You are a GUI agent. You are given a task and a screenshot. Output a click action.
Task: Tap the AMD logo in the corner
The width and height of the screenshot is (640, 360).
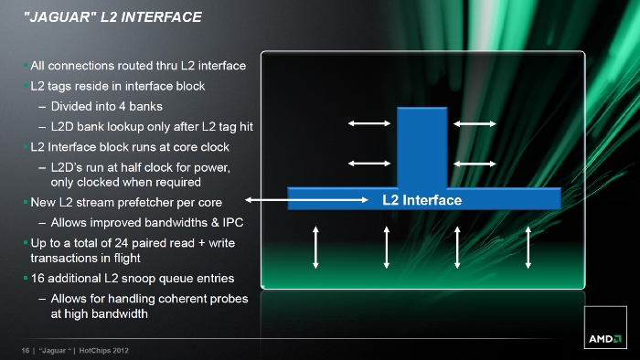coord(605,339)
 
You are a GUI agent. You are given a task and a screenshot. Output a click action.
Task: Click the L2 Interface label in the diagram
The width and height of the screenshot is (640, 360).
coord(422,200)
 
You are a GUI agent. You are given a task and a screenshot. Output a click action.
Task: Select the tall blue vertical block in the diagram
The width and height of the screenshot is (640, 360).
coord(422,148)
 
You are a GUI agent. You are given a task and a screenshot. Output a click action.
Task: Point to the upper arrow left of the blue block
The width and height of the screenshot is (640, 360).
coord(369,123)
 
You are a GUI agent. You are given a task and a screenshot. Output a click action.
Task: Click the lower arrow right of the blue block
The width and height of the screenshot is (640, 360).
coord(475,164)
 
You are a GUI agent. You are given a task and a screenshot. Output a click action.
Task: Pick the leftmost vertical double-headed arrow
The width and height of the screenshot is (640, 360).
coord(315,248)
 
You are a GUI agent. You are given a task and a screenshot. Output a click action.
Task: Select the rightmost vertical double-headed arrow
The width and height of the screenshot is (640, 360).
coord(528,248)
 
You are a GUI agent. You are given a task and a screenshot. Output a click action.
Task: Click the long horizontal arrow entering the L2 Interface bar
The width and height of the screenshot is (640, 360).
coord(306,200)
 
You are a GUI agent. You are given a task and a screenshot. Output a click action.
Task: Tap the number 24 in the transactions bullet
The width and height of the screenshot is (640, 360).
coord(122,243)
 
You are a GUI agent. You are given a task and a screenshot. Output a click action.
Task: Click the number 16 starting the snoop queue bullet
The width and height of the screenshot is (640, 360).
coord(37,279)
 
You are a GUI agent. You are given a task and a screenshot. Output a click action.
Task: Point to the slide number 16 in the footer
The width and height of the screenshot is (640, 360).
coord(26,351)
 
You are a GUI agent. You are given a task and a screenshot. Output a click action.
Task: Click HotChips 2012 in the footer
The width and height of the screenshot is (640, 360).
coord(103,351)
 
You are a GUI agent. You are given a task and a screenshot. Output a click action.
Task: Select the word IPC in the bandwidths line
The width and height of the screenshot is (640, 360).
coord(233,223)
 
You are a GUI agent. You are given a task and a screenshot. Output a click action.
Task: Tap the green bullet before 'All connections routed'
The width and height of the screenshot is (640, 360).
coord(26,65)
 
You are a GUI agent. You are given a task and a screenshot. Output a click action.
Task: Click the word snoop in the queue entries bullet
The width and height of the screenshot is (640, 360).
coord(138,279)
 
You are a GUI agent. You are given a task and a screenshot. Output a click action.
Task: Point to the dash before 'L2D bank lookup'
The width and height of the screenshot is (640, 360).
coord(42,127)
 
